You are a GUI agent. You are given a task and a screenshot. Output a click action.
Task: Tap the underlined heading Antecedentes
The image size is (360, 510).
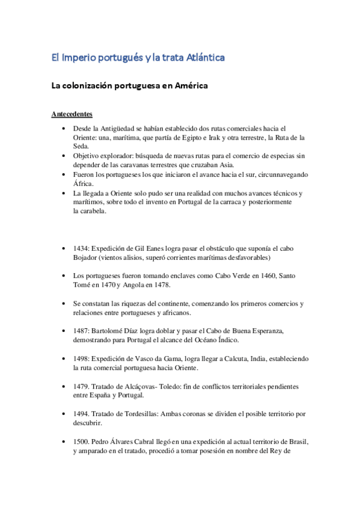pos(72,114)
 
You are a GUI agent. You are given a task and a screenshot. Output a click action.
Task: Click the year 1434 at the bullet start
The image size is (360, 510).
pos(81,248)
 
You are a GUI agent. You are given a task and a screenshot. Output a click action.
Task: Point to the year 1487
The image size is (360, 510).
pos(81,331)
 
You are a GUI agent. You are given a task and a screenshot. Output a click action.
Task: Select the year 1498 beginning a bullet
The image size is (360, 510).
pos(81,358)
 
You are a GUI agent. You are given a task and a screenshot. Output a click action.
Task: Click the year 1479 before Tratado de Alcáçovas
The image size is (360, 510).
pos(81,386)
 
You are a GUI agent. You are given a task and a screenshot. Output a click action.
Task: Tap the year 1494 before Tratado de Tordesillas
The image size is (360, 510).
pos(81,414)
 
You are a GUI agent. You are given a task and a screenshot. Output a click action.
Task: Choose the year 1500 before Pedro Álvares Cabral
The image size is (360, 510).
pos(81,441)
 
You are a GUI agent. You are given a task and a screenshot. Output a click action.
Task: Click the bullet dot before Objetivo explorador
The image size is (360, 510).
pos(64,156)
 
